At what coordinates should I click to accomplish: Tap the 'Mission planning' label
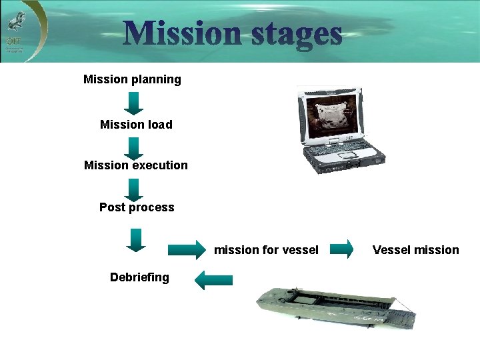click(x=132, y=79)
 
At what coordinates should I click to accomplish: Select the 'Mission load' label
click(x=136, y=125)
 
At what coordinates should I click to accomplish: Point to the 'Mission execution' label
click(x=136, y=165)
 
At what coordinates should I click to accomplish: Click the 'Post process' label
click(x=137, y=207)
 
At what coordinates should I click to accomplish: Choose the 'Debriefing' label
click(x=139, y=277)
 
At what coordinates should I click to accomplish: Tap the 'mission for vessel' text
click(x=266, y=250)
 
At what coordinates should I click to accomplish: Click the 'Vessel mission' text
click(x=416, y=250)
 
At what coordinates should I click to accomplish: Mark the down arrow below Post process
click(x=135, y=239)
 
